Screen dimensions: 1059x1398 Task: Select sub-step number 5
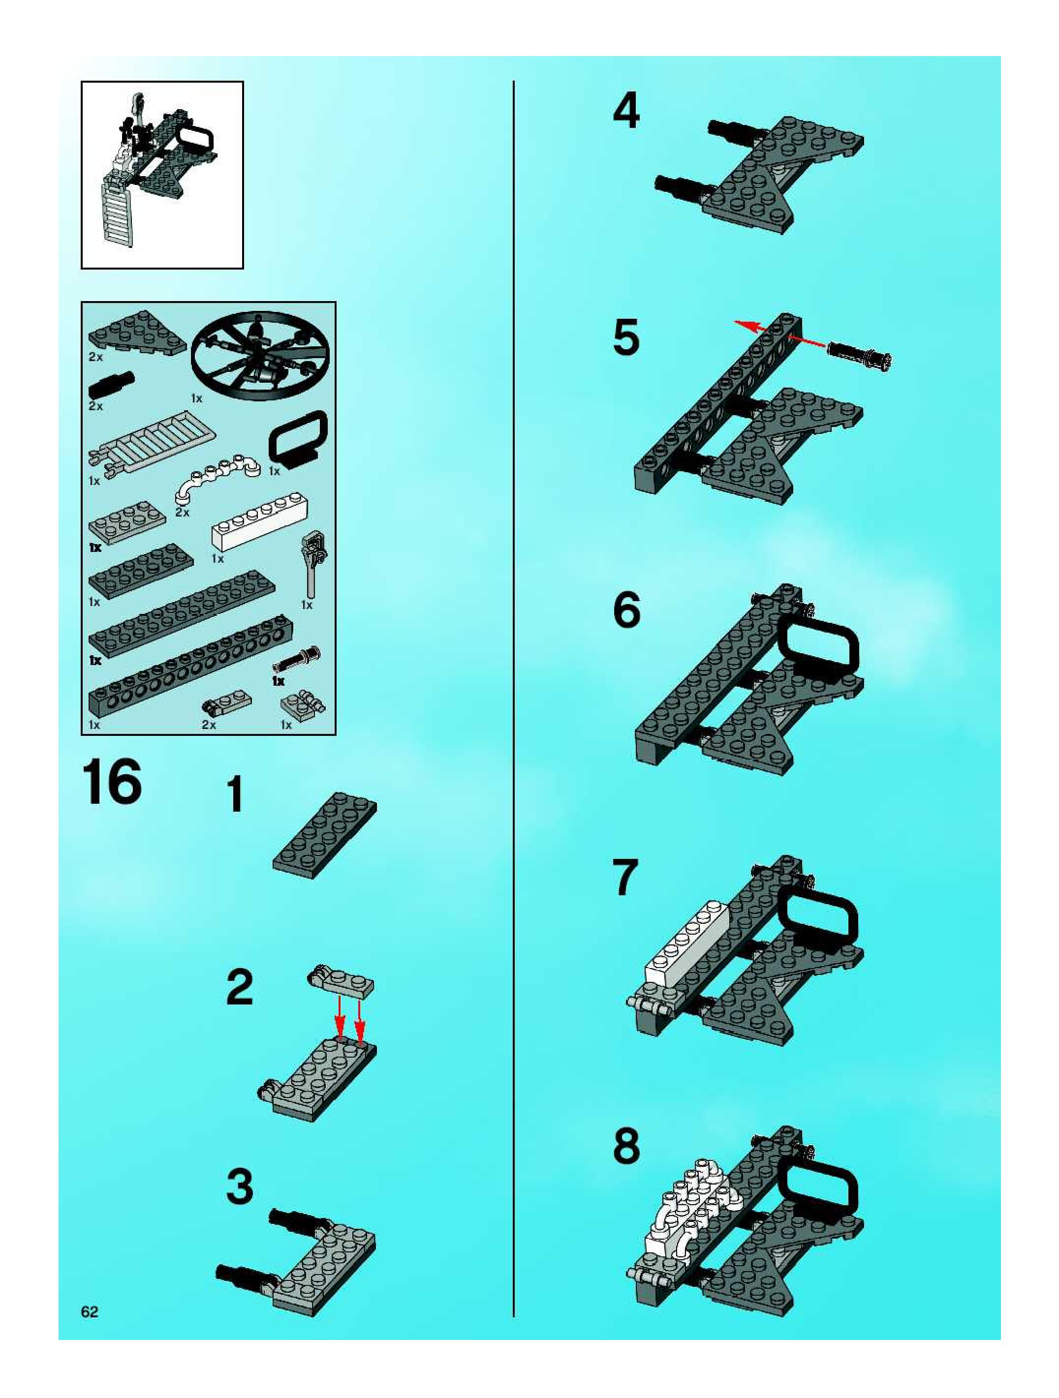[626, 337]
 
